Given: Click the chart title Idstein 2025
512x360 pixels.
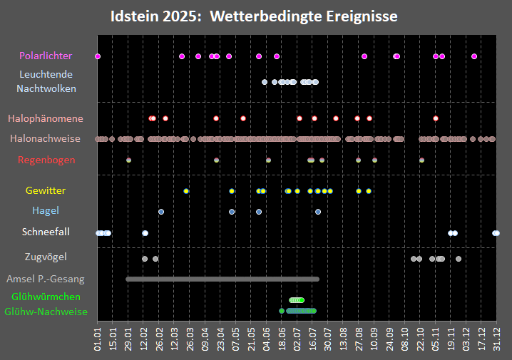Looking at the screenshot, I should (254, 16).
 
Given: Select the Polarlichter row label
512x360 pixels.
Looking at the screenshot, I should (46, 56).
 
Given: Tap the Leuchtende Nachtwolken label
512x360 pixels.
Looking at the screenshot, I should (46, 81).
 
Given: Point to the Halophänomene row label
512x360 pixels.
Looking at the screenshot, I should (46, 118).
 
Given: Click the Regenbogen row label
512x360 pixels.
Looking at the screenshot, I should (46, 160).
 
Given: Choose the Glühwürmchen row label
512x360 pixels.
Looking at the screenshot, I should (46, 297).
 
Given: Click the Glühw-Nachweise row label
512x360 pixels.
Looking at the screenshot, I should (46, 312).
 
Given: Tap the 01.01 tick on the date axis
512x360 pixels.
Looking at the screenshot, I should (98, 334).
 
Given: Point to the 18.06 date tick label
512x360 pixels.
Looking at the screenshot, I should (282, 334).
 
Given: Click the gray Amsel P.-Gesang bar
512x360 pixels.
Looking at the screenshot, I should (222, 279).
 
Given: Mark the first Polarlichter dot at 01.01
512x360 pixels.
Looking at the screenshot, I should (98, 56).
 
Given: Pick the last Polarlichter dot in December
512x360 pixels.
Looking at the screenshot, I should (474, 56).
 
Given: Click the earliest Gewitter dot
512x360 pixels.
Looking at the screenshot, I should (186, 191).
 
